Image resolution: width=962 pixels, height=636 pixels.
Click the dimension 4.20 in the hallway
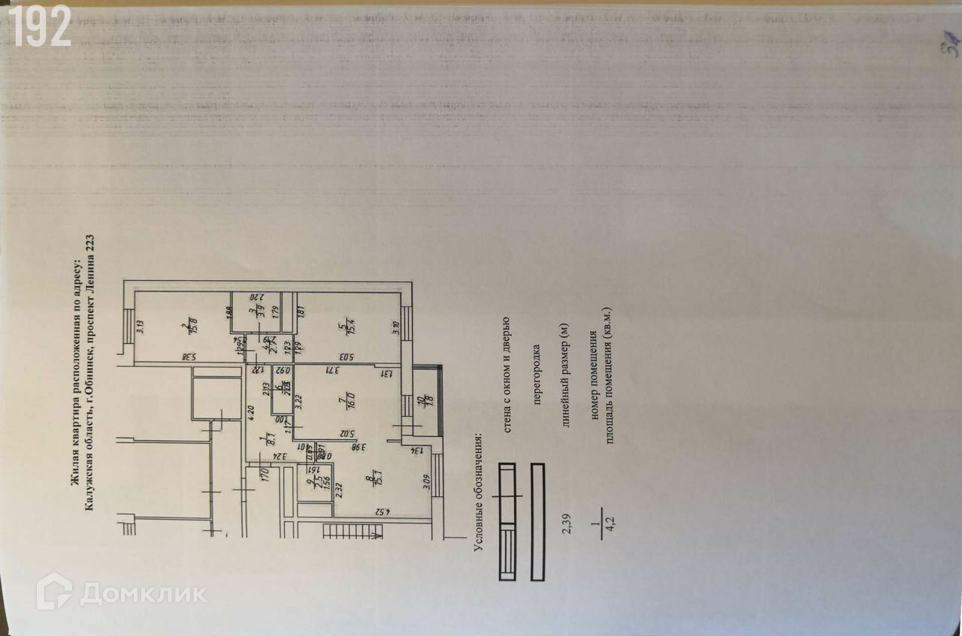tap(252, 412)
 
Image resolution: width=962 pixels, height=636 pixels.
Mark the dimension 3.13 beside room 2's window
tap(140, 326)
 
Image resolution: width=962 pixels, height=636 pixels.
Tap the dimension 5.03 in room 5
tap(346, 357)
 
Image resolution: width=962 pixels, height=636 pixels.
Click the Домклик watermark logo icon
tap(54, 592)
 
